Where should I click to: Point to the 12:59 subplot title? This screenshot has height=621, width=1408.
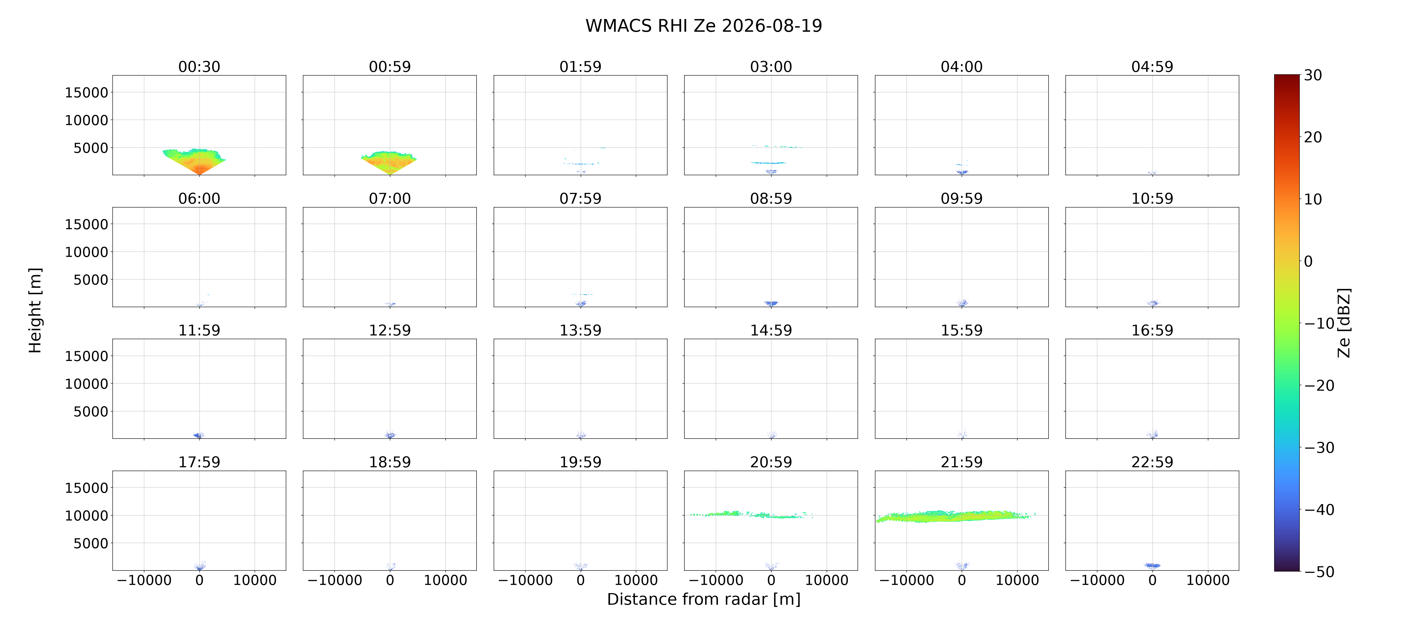tap(390, 330)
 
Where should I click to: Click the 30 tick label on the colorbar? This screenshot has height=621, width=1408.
tap(1313, 75)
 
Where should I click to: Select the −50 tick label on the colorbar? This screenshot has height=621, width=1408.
tap(1319, 572)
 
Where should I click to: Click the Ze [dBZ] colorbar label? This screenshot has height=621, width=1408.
tap(1344, 323)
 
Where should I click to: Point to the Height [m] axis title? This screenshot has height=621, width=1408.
tap(35, 310)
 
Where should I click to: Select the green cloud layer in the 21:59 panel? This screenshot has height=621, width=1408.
tap(954, 517)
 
